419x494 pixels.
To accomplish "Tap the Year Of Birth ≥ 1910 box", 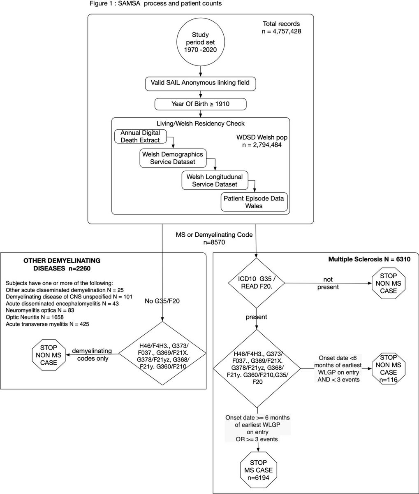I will (x=200, y=104).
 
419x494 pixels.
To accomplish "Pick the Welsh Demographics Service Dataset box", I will (x=173, y=158).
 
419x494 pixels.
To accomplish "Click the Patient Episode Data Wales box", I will (x=254, y=202).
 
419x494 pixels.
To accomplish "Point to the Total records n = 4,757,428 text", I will (x=282, y=27).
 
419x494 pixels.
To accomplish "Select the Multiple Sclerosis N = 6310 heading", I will (x=369, y=259).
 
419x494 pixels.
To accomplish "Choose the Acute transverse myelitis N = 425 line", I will (x=47, y=324).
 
